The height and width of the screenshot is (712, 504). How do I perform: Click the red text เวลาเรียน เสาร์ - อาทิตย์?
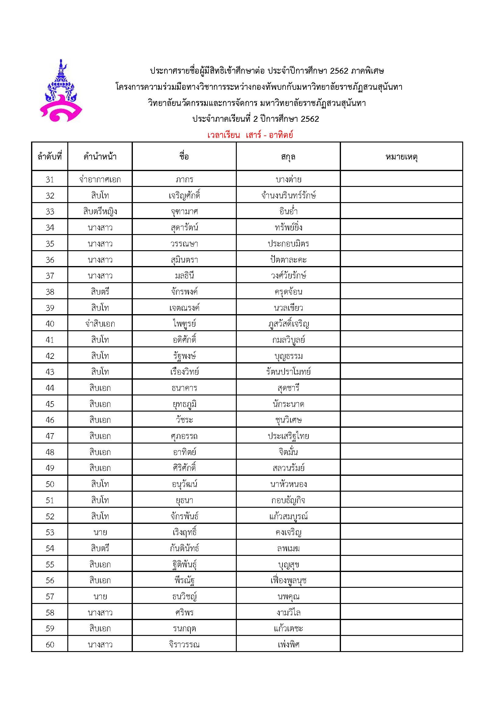(x=250, y=135)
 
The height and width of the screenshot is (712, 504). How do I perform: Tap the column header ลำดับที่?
(x=50, y=156)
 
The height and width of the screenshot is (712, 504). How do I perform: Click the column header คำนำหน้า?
(x=100, y=156)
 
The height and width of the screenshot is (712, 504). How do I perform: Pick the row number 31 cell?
(x=50, y=180)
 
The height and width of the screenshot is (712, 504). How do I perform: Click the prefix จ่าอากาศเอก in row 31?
(x=100, y=180)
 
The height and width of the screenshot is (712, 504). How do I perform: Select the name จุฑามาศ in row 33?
(x=184, y=212)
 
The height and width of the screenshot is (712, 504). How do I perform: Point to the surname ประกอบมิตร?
(x=288, y=244)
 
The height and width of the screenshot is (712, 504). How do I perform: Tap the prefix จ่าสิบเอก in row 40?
(x=100, y=324)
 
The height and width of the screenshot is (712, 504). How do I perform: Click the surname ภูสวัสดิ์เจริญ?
(x=288, y=324)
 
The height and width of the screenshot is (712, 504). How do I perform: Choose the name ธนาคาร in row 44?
(x=184, y=388)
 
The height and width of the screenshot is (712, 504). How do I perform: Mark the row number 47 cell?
(x=50, y=436)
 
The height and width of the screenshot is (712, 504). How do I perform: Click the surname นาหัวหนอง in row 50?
(x=288, y=484)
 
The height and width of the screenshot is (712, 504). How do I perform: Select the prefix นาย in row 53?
(x=100, y=532)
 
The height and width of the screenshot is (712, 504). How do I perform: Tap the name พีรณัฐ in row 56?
(x=184, y=580)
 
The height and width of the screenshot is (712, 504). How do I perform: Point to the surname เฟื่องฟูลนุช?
(x=288, y=580)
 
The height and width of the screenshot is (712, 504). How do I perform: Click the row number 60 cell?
(x=50, y=645)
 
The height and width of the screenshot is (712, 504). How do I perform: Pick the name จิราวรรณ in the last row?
(x=184, y=645)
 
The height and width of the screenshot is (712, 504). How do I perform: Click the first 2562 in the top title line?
(x=339, y=71)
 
